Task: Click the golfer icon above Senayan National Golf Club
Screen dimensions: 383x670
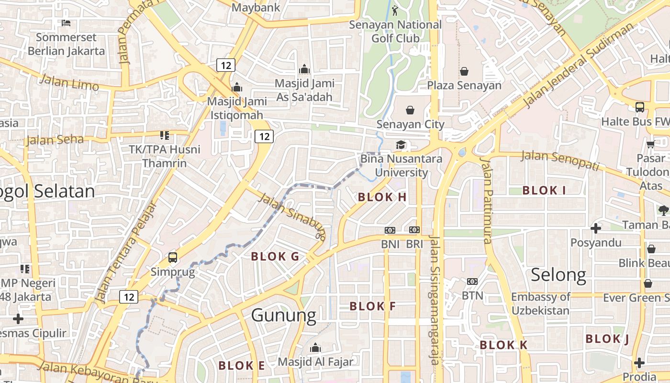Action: click(x=395, y=10)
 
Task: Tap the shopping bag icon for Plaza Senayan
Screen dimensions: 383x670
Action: click(x=464, y=72)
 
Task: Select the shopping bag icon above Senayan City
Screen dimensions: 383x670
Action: click(x=410, y=111)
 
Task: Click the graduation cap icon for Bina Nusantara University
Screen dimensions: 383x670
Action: click(x=401, y=145)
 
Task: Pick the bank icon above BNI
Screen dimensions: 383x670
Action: click(x=390, y=230)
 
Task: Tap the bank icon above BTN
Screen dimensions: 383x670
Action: click(x=472, y=282)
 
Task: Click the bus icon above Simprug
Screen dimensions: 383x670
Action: click(x=173, y=258)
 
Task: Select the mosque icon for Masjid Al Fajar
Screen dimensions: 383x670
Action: click(x=315, y=348)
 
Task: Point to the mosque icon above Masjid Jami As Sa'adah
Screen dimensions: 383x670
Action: click(x=304, y=69)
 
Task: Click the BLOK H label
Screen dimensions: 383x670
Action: click(x=382, y=197)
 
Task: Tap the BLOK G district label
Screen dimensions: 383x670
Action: click(x=275, y=257)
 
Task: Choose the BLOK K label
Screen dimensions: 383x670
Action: click(x=503, y=345)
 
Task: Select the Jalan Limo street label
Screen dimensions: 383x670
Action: click(x=69, y=82)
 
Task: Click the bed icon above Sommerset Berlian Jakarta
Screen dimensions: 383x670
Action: click(x=66, y=23)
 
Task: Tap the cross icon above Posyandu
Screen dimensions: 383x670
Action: click(x=595, y=228)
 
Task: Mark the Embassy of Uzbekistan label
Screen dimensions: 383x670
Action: click(x=540, y=304)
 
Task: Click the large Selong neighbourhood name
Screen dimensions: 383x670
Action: click(x=558, y=275)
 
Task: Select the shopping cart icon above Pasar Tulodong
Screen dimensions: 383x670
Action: click(x=650, y=144)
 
